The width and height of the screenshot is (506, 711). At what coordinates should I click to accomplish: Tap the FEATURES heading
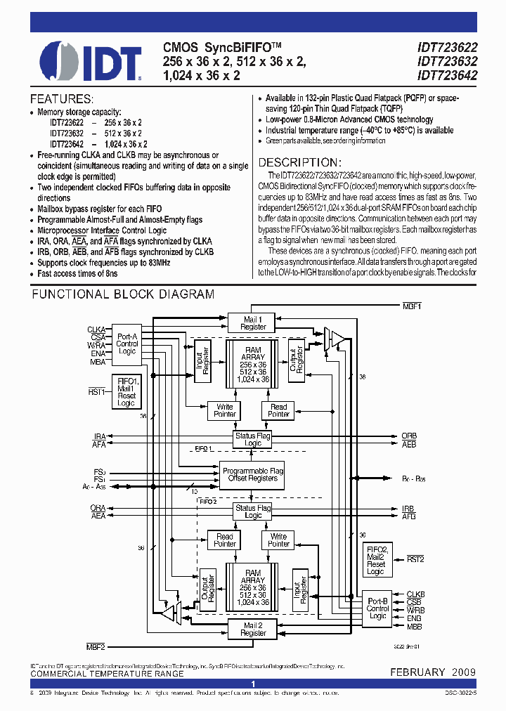[x=62, y=99]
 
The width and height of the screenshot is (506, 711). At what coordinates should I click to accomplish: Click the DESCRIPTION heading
[x=300, y=162]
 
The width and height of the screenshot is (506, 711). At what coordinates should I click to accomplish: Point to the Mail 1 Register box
[x=253, y=322]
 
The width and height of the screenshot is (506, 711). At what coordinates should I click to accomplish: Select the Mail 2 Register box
[x=253, y=629]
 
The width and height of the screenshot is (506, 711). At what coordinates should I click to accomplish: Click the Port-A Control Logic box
[x=127, y=344]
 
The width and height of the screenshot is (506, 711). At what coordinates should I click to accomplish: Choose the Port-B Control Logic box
[x=378, y=608]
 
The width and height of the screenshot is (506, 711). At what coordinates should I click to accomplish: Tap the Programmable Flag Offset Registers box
[x=252, y=474]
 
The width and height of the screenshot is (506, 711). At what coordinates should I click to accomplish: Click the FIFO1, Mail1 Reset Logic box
[x=127, y=391]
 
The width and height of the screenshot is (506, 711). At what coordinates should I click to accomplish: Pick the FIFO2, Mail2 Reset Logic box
[x=376, y=560]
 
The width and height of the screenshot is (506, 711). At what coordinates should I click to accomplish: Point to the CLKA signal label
[x=96, y=329]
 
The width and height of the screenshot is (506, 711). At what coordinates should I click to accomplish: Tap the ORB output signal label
[x=408, y=436]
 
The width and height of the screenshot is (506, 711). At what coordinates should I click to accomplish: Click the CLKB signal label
[x=415, y=594]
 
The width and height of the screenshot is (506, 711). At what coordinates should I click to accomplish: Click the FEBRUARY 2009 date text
[x=433, y=672]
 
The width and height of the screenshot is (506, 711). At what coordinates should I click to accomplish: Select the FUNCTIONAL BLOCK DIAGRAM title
[x=123, y=294]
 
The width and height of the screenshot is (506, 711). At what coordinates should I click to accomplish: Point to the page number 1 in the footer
[x=253, y=684]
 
